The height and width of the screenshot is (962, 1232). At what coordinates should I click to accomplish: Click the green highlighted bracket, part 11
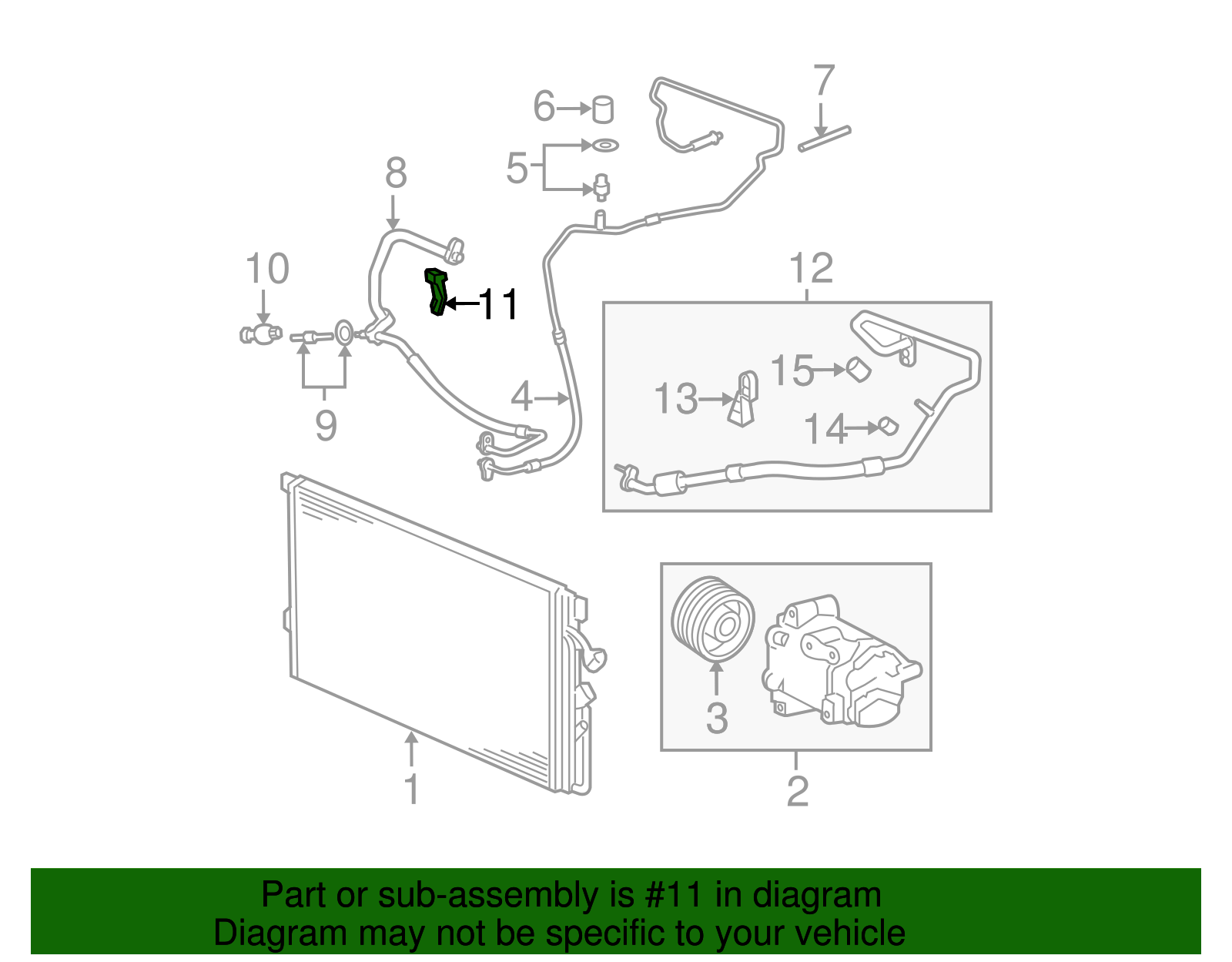click(x=437, y=291)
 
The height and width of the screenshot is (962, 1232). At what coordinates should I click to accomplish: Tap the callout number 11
click(x=499, y=305)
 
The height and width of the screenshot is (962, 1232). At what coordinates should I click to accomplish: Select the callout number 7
click(x=823, y=81)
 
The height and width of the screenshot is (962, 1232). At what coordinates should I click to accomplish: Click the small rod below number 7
click(x=824, y=139)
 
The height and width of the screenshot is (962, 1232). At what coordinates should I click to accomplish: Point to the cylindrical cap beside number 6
click(x=603, y=109)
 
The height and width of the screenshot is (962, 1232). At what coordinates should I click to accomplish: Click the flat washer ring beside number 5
click(x=603, y=145)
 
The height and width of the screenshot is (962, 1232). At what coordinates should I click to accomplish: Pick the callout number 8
click(x=396, y=173)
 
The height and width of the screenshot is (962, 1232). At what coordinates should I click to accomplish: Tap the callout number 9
click(x=325, y=425)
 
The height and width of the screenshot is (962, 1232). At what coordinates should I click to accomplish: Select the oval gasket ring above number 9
click(x=345, y=334)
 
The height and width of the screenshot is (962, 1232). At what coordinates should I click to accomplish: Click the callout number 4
click(x=522, y=397)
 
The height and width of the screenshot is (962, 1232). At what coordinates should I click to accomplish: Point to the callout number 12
click(x=811, y=269)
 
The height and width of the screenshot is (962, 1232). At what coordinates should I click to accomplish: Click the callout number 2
click(x=797, y=791)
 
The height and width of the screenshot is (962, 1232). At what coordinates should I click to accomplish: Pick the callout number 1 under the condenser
click(x=412, y=789)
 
